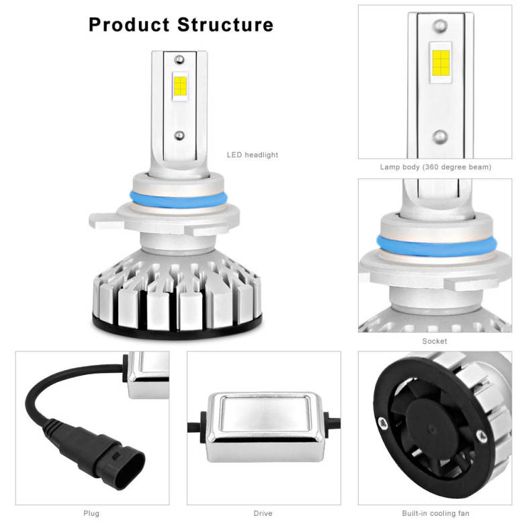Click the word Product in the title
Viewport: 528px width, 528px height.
tap(129, 25)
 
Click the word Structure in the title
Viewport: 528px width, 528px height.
tap(225, 25)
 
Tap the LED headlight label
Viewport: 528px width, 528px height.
tap(253, 155)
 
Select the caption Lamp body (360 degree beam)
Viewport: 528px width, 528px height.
tap(435, 167)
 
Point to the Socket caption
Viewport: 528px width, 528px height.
tap(435, 341)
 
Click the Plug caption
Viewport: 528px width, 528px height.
tap(91, 513)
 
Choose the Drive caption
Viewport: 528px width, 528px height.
tap(263, 513)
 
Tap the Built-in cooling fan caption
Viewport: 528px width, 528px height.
tap(435, 513)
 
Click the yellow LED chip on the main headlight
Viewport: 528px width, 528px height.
tap(180, 86)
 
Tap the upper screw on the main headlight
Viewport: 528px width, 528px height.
tap(179, 60)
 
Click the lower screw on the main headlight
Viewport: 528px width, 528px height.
tap(179, 136)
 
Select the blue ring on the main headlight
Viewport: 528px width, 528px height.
tap(179, 202)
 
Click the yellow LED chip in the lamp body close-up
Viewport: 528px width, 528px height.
tap(441, 62)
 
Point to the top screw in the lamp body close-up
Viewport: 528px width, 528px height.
tap(440, 26)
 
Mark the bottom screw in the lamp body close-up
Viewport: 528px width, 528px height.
tap(440, 137)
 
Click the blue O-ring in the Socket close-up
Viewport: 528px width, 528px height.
tap(437, 247)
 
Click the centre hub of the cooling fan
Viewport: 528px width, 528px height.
tap(431, 429)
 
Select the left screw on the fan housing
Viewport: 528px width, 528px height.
tap(383, 423)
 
